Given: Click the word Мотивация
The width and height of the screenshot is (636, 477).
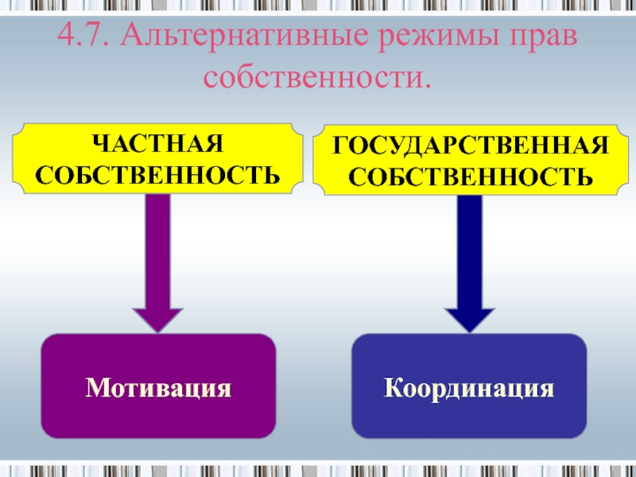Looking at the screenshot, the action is (159, 388).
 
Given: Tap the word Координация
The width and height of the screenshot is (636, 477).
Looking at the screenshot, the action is (469, 388).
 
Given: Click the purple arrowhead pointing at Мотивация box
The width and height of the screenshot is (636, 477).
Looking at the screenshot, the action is (158, 318).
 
